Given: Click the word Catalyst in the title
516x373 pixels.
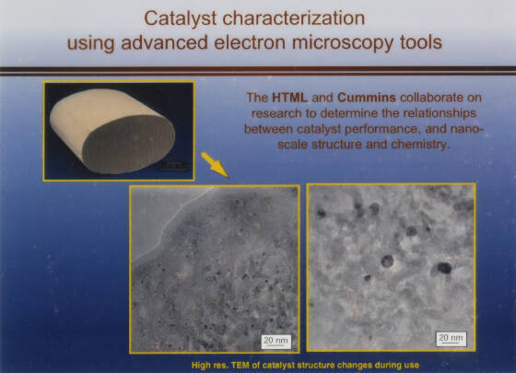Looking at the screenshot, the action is pos(180,18).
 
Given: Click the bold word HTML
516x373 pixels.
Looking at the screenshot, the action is pos(289,98).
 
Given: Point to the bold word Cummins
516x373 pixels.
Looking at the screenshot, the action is pos(367,98).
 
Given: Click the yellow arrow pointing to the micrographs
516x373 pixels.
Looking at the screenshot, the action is pos(215,165).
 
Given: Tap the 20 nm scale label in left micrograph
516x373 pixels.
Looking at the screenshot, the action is pos(276,341).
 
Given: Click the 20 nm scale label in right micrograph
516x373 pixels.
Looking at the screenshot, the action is pos(451,339).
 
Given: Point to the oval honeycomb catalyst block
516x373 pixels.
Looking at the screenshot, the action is pos(112,131).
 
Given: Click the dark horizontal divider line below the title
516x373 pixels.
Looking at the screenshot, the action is pos(258,71).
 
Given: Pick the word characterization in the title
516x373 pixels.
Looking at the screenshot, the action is pos(294,18).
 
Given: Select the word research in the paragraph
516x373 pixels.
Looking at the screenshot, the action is pos(276,113).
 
